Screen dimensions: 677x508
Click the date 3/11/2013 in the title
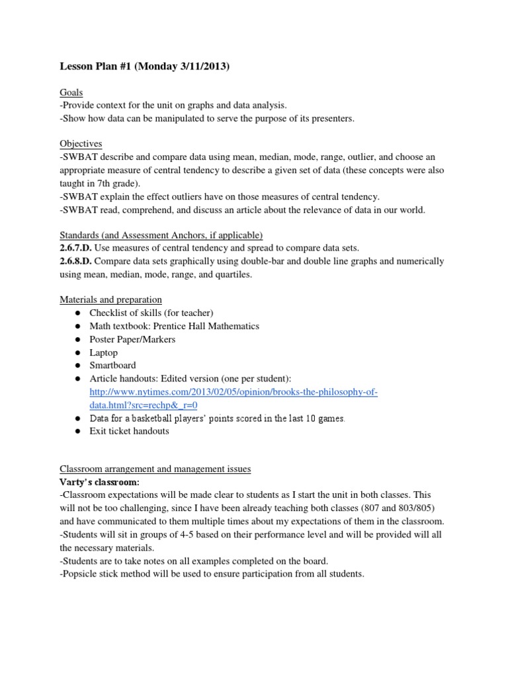coord(200,67)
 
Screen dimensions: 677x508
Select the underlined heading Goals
coord(71,93)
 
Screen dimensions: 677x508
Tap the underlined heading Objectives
coord(81,143)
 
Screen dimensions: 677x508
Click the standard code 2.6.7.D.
coord(79,248)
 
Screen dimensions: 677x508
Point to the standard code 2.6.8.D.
coord(79,261)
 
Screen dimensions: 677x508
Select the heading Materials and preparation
coord(110,299)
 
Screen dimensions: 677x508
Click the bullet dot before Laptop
coord(77,352)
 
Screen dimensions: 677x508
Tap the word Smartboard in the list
coord(112,365)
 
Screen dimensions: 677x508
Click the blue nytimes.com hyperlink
coord(233,392)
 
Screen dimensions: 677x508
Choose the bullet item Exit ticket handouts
coord(129,431)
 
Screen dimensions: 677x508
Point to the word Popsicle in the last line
coord(82,574)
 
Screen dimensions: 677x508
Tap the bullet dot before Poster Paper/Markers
coord(77,339)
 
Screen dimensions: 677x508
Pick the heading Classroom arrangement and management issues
coord(155,469)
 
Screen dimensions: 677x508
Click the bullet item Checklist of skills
coord(151,313)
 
